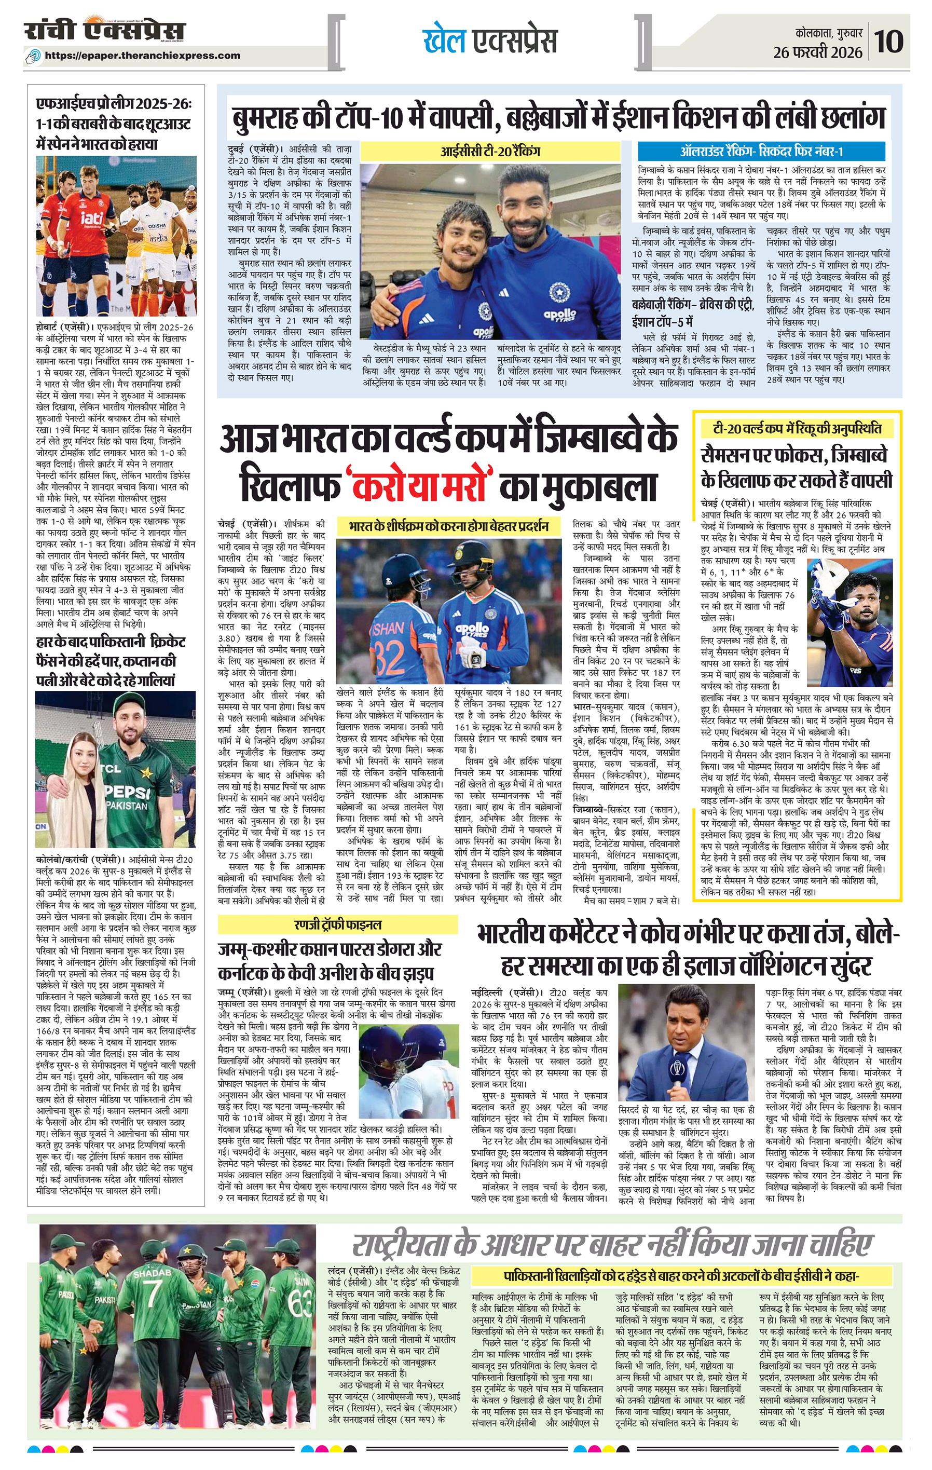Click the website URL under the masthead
click(142, 56)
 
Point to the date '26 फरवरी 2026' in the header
click(817, 52)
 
